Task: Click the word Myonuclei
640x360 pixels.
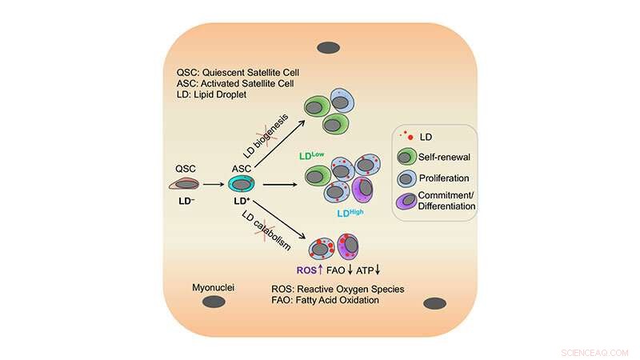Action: point(213,286)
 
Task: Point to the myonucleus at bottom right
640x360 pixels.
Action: point(434,302)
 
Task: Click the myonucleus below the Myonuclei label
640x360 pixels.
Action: point(212,302)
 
